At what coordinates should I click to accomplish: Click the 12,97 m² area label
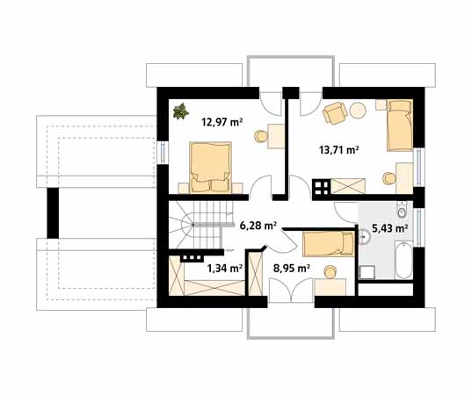coord(222,122)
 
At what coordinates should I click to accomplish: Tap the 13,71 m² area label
coord(338,149)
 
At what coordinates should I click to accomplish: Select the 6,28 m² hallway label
coord(258,226)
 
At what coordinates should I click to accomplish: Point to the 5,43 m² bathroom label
coord(390,229)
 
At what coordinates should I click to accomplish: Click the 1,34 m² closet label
coord(225,268)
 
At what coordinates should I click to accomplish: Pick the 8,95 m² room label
coord(292,268)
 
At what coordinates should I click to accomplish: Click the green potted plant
coord(181,111)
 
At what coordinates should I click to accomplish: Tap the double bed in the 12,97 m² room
coord(210,167)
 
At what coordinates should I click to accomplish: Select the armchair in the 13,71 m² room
coord(335,112)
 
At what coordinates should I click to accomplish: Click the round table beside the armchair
coord(358,111)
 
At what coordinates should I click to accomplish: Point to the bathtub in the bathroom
coord(403,260)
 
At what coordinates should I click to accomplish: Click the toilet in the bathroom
coord(402,210)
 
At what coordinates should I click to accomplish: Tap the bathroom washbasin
coord(364,237)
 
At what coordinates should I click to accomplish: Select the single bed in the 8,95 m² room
coord(329,244)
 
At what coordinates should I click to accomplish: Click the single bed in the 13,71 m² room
coord(400,126)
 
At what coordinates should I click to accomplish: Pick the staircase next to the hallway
coord(200,226)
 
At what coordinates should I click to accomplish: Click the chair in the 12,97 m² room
coord(261,136)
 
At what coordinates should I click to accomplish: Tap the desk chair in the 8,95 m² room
coord(330,272)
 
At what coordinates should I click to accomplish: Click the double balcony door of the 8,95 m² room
coord(291,290)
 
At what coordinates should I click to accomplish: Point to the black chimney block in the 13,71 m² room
coord(321,187)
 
